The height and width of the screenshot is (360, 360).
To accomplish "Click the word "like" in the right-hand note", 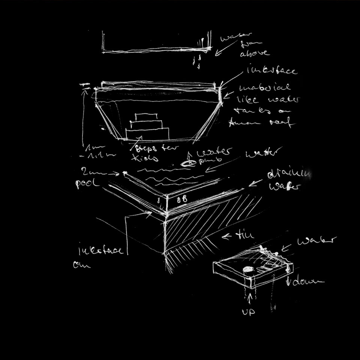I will point(248,100).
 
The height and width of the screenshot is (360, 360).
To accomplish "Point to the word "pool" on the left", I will point(87,184).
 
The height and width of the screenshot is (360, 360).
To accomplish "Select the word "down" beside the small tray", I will point(310,281).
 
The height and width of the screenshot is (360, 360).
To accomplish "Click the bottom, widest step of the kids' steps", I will point(147,133).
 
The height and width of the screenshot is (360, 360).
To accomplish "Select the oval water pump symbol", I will point(188,163).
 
